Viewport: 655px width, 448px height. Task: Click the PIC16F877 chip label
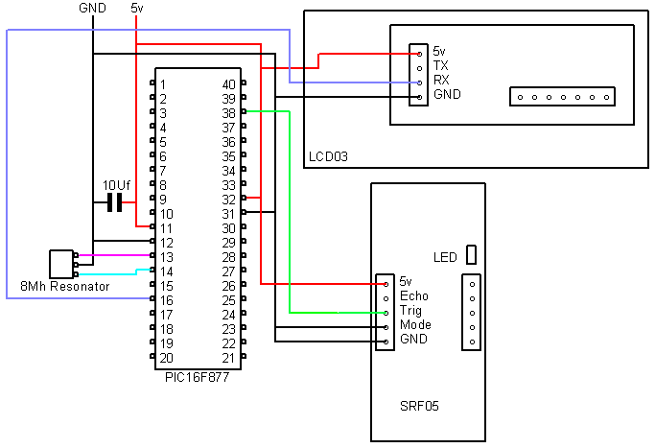[198, 377]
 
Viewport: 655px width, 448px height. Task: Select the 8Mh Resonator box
[61, 264]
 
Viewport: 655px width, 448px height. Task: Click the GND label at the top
[92, 8]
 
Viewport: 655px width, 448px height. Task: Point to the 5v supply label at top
[136, 8]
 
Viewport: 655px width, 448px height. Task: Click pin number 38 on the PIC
[229, 113]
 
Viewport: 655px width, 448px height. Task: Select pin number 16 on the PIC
[167, 300]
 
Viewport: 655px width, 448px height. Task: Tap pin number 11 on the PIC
[166, 228]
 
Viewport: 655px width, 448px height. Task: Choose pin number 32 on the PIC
[229, 200]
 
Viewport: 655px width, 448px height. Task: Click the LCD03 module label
[328, 156]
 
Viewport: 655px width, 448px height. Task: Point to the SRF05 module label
[419, 406]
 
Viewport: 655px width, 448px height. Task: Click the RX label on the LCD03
[441, 80]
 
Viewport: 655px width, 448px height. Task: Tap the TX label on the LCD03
[441, 65]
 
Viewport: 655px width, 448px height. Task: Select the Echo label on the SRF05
[414, 295]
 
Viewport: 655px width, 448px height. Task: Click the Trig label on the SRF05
[410, 311]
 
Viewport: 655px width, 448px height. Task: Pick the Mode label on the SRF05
[415, 324]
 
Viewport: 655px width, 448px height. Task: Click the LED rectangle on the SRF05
[471, 254]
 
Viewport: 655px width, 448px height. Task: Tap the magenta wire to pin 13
[114, 255]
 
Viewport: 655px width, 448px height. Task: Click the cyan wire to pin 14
[114, 272]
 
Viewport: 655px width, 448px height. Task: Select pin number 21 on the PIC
[228, 358]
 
